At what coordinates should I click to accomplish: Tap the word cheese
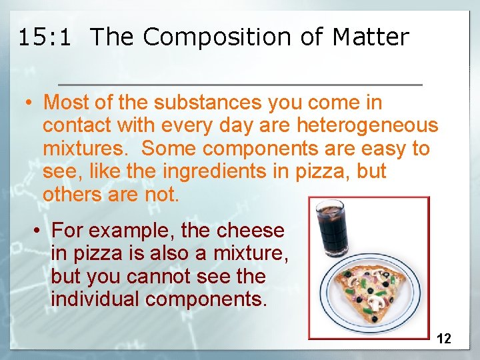(x=250, y=231)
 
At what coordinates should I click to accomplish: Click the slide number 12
(x=443, y=339)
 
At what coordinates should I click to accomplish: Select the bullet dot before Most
(x=30, y=103)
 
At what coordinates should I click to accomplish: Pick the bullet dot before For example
(x=39, y=231)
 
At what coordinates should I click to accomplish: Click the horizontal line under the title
(x=240, y=85)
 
